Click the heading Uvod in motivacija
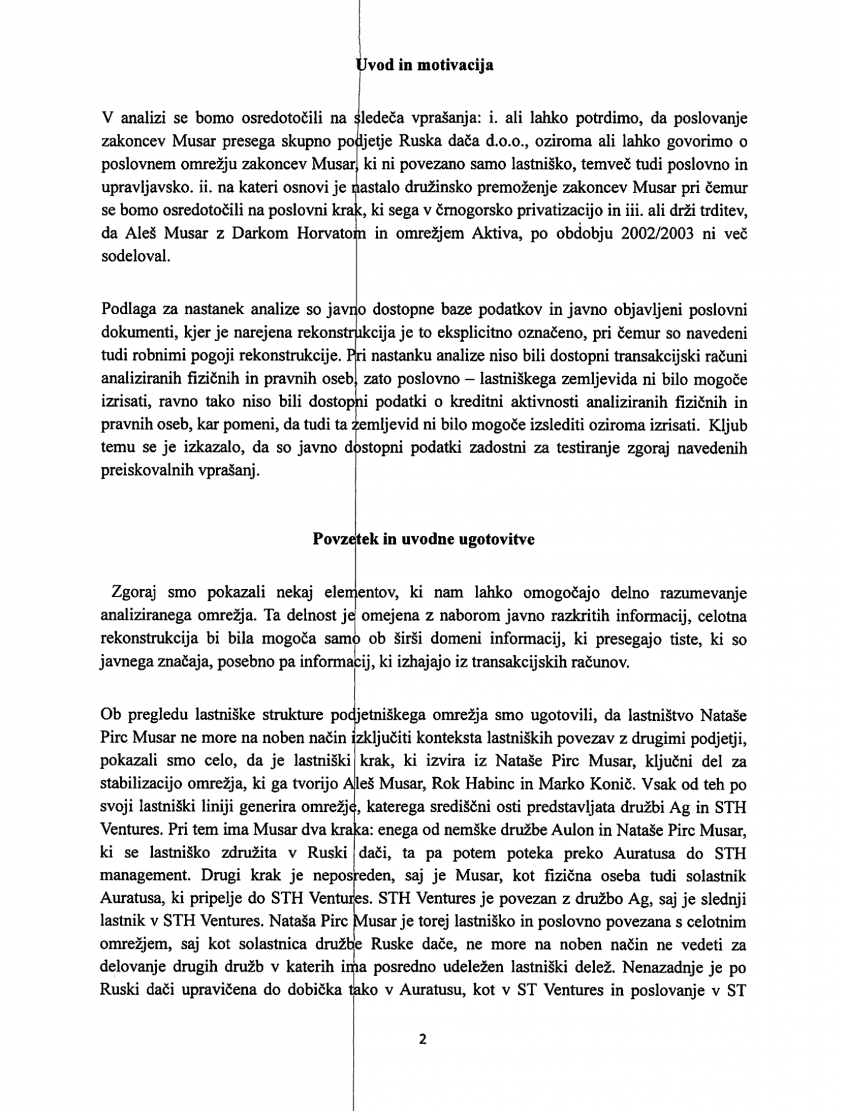click(424, 65)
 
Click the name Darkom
click(260, 233)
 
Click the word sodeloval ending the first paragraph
click(135, 256)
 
